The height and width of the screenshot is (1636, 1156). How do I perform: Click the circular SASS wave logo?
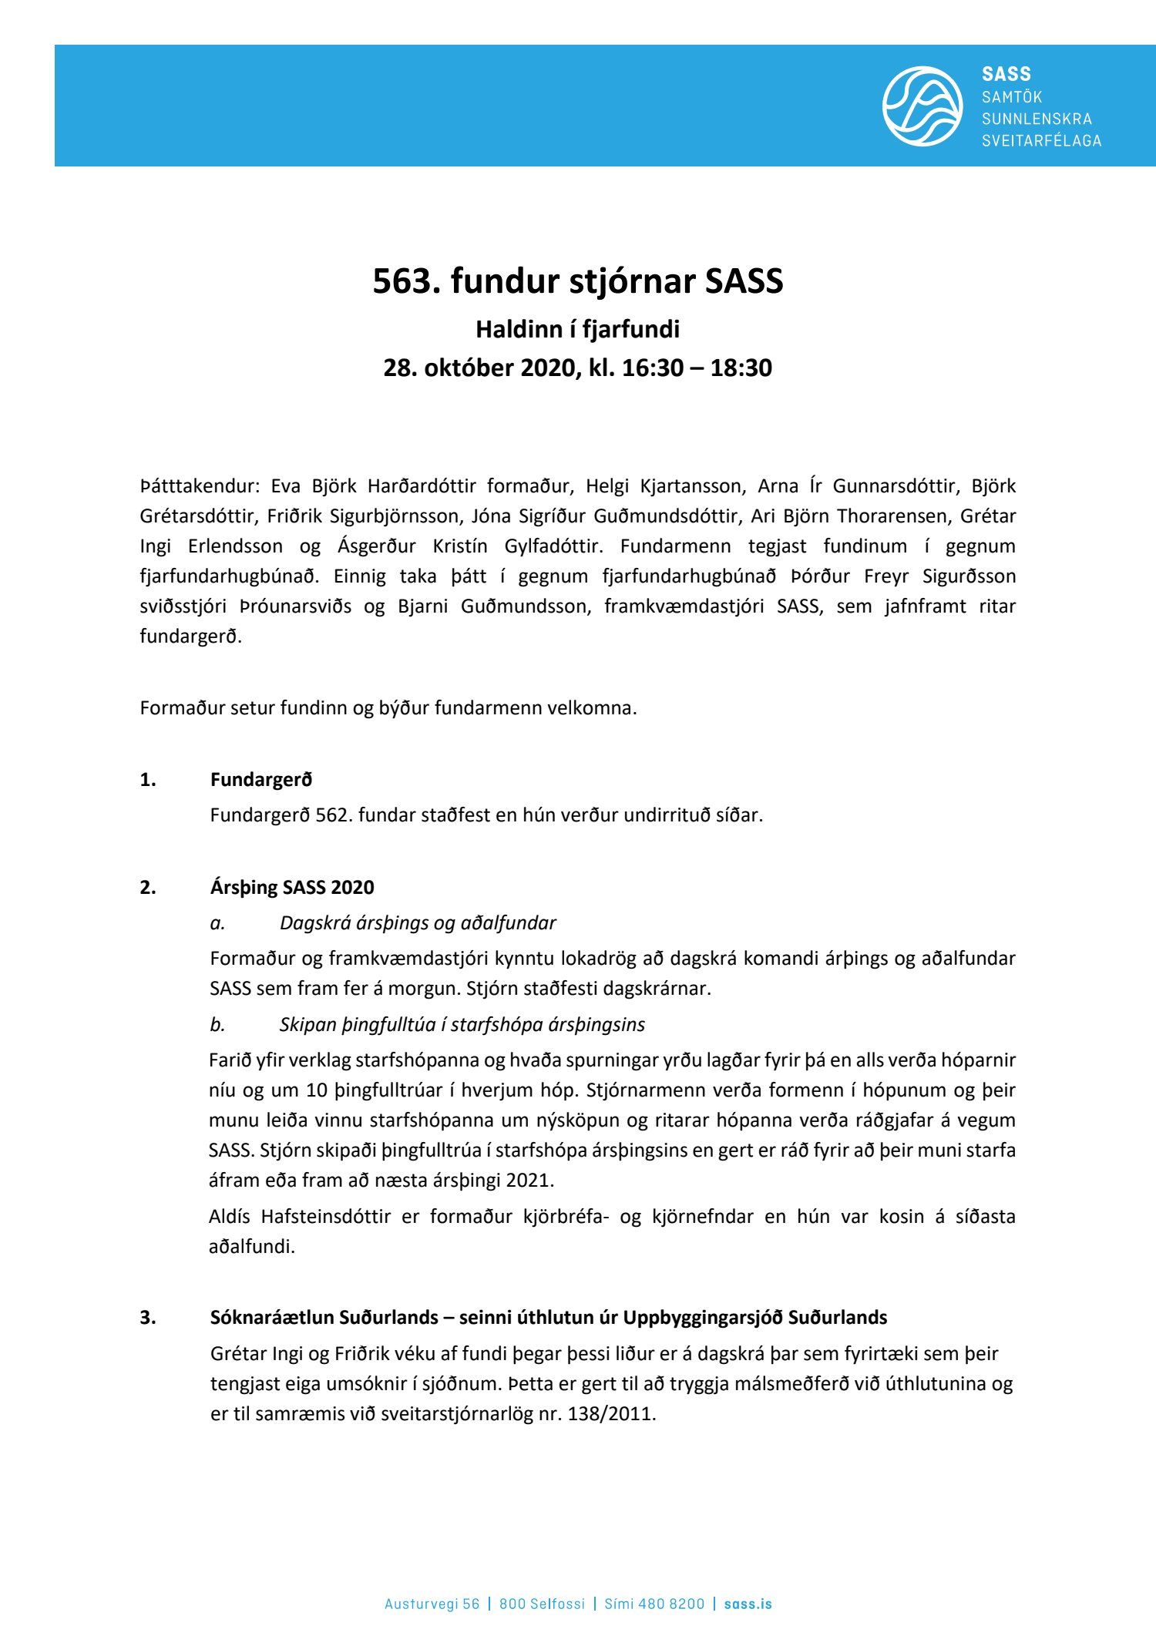click(x=922, y=106)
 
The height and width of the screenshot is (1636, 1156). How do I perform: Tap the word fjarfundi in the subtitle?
click(x=630, y=330)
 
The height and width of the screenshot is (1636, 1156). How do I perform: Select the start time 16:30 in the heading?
click(x=652, y=368)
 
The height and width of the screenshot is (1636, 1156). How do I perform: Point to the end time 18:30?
click(x=741, y=368)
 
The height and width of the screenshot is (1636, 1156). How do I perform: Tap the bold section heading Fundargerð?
click(x=261, y=780)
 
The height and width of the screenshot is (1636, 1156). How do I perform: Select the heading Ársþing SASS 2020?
click(x=292, y=887)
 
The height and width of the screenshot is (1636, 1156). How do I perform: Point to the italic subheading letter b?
click(x=217, y=1025)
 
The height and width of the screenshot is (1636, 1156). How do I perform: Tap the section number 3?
click(x=147, y=1318)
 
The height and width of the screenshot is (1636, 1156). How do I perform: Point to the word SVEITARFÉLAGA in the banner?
click(x=1041, y=141)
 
